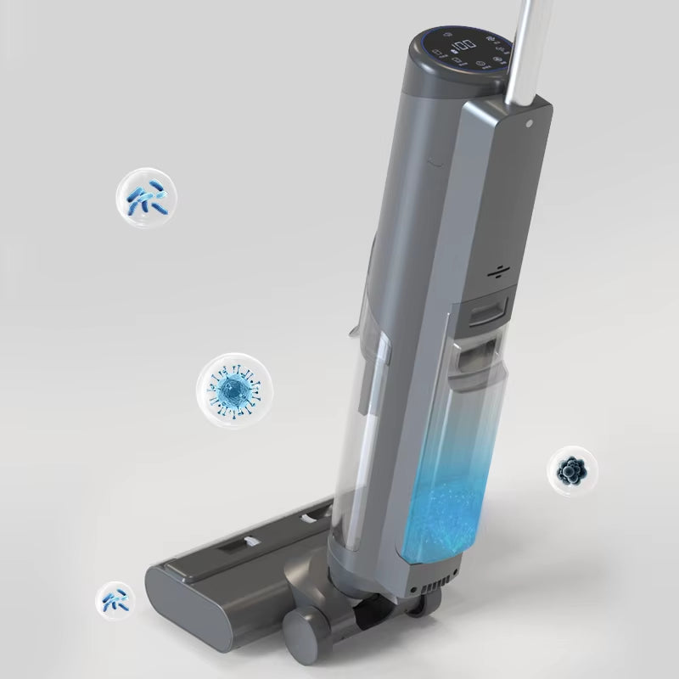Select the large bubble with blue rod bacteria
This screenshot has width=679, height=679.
coord(147,200)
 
